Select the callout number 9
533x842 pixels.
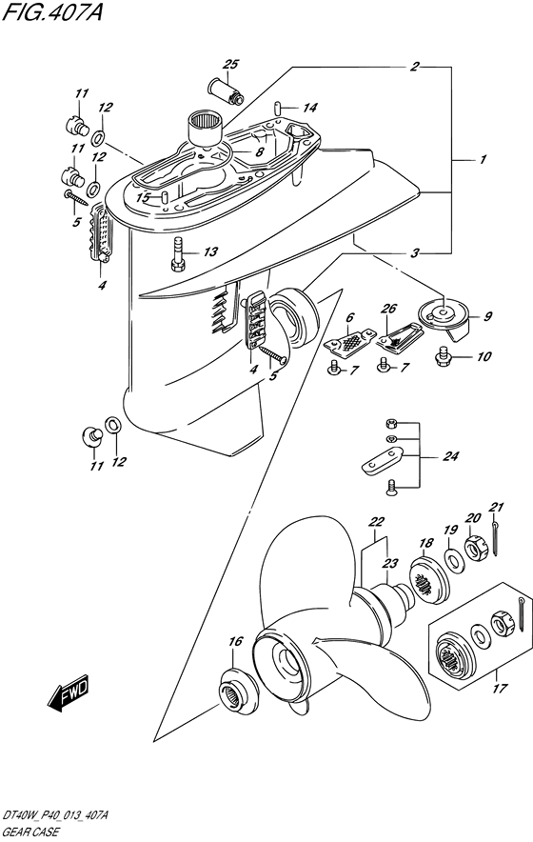[x=487, y=317]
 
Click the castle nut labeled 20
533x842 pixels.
[x=475, y=546]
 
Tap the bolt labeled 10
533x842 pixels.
[x=444, y=355]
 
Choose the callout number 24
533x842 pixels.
[x=451, y=456]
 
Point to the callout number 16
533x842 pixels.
[x=236, y=641]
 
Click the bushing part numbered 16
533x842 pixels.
[x=238, y=690]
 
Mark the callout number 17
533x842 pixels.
[x=499, y=688]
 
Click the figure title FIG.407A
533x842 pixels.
[x=52, y=13]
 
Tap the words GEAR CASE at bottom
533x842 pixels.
[x=30, y=832]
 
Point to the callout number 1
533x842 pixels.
[x=483, y=160]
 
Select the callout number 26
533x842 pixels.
[x=388, y=309]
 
